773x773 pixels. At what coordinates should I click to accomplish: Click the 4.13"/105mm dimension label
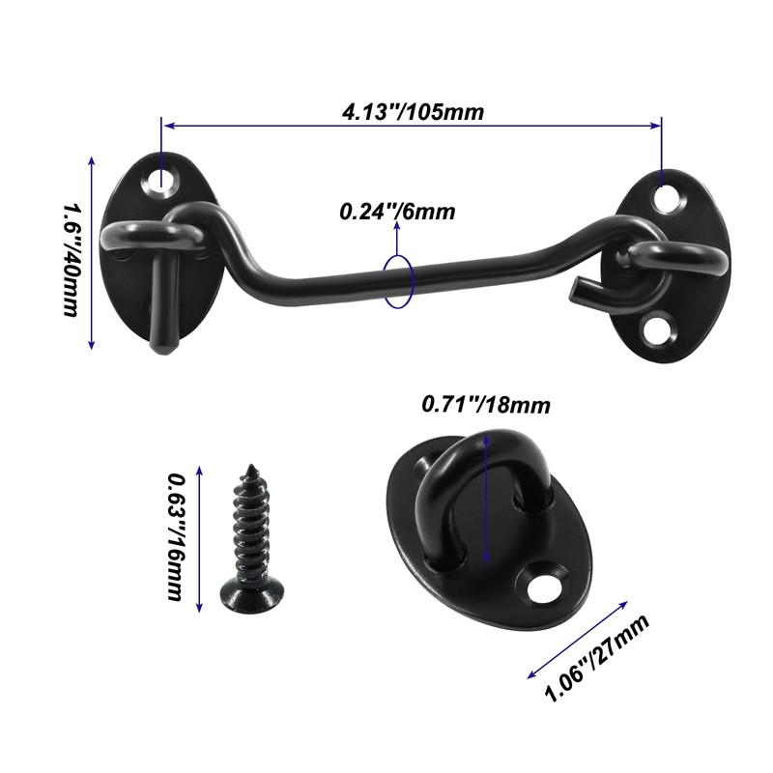pyautogui.click(x=414, y=112)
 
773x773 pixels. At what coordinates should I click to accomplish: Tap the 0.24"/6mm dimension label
pyautogui.click(x=397, y=212)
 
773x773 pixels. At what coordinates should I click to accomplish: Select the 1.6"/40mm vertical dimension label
pyautogui.click(x=70, y=260)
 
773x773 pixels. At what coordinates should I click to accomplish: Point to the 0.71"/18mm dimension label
pyautogui.click(x=486, y=405)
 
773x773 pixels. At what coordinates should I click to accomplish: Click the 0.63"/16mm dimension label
pyautogui.click(x=176, y=536)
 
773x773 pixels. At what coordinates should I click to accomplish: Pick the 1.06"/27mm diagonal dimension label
pyautogui.click(x=596, y=658)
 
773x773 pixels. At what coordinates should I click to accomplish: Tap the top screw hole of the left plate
pyautogui.click(x=161, y=182)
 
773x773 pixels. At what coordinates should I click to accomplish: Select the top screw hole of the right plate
pyautogui.click(x=670, y=198)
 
